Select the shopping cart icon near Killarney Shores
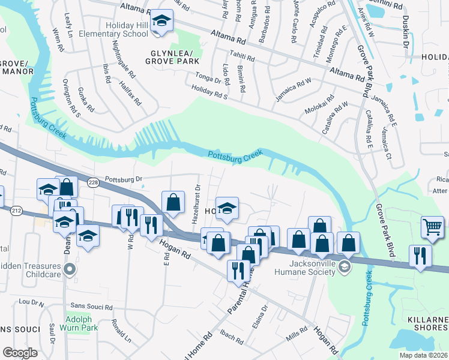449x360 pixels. [x=432, y=227]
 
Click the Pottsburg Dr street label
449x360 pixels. [x=122, y=179]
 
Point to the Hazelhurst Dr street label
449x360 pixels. [x=196, y=204]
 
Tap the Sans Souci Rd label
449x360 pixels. [x=91, y=306]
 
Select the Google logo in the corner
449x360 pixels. [x=20, y=352]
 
